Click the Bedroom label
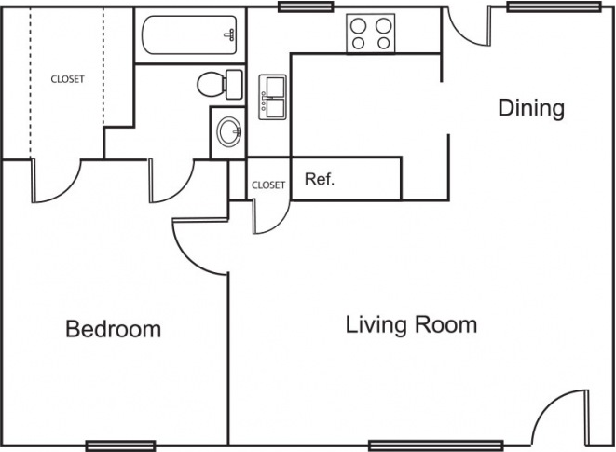[113, 329]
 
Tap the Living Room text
[411, 325]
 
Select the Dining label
[531, 108]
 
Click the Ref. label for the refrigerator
[320, 179]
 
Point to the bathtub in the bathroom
[189, 35]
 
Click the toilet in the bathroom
[220, 84]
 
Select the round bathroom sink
[229, 131]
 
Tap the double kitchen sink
[273, 97]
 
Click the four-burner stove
[371, 33]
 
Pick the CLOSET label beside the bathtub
[68, 79]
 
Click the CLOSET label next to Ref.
[268, 185]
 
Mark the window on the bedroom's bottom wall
[120, 445]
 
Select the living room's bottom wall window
[436, 445]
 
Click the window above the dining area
[554, 7]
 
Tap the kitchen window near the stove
[306, 7]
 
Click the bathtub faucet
[230, 35]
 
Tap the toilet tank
[235, 84]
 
